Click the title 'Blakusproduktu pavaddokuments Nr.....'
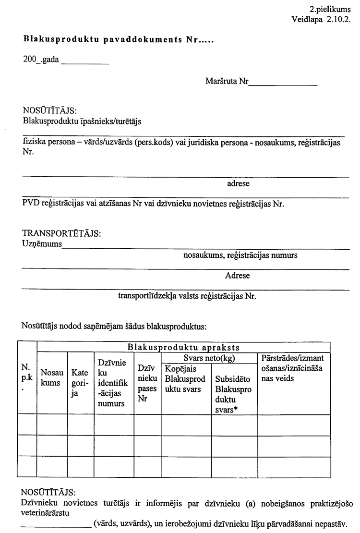point(118,41)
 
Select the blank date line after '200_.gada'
point(85,64)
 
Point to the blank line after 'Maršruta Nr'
point(283,85)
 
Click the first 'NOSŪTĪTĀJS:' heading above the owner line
point(50,111)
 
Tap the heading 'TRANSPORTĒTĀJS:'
point(61,234)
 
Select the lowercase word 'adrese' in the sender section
point(238,183)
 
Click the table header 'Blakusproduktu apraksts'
point(184,347)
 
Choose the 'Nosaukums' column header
point(52,377)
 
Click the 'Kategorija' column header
point(80,382)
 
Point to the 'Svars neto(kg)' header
point(209,359)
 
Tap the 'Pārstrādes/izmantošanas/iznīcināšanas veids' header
point(292,368)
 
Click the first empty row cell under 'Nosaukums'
point(52,424)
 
